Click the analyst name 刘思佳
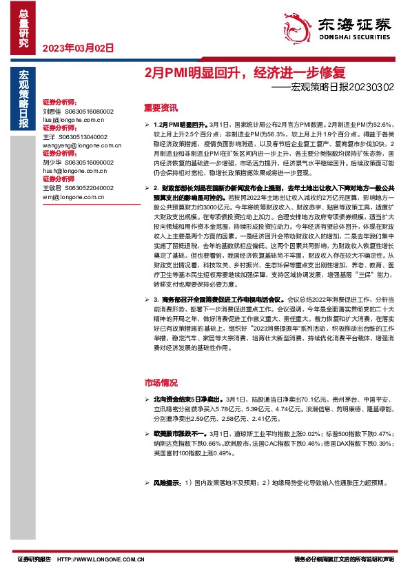click(x=52, y=111)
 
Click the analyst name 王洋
click(x=48, y=137)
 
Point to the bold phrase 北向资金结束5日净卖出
click(x=189, y=399)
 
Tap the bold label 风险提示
click(x=167, y=483)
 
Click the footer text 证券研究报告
click(x=34, y=560)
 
